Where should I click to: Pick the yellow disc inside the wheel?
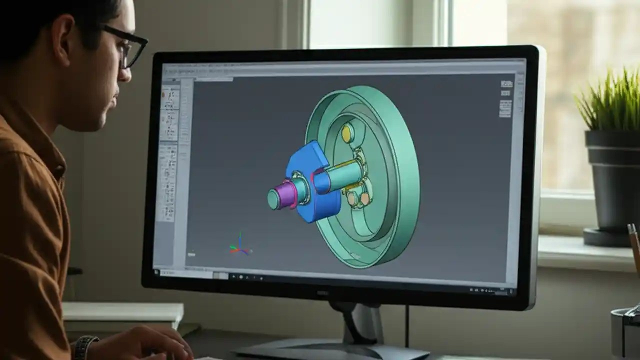click(347, 133)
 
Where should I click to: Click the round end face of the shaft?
click(273, 199)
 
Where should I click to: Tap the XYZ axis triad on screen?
click(240, 246)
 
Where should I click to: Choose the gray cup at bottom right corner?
click(625, 332)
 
